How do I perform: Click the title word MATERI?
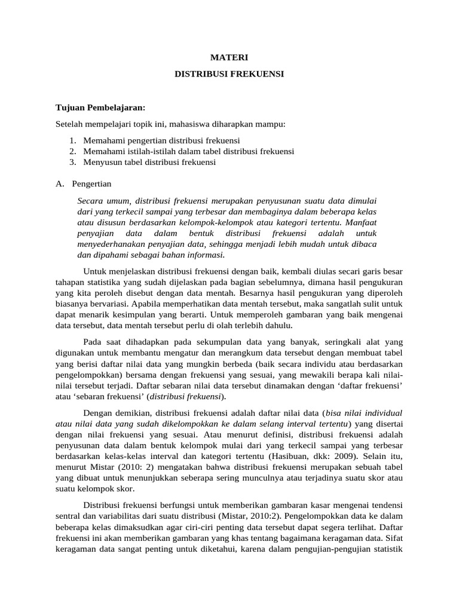point(229,58)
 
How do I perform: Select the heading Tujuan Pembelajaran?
point(100,108)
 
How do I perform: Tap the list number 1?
point(72,140)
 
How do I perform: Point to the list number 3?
point(72,162)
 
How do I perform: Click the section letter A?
point(59,183)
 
